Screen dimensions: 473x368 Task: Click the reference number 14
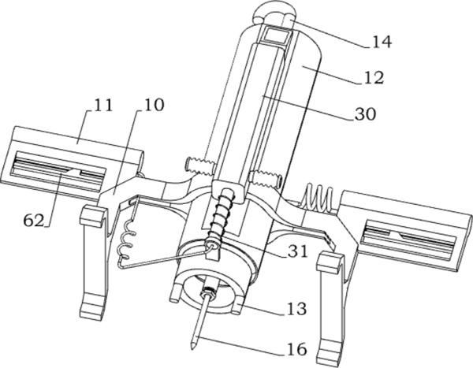tap(382, 42)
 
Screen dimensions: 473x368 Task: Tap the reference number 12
tap(374, 77)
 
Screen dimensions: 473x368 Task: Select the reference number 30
tap(365, 114)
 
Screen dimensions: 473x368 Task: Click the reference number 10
tap(154, 105)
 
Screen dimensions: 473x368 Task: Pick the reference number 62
tap(34, 221)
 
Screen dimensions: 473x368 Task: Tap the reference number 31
tap(297, 251)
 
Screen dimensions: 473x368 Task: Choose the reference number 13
tap(297, 309)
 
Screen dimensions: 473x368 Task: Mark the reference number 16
tap(297, 349)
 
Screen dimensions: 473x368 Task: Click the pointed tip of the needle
tap(192, 349)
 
